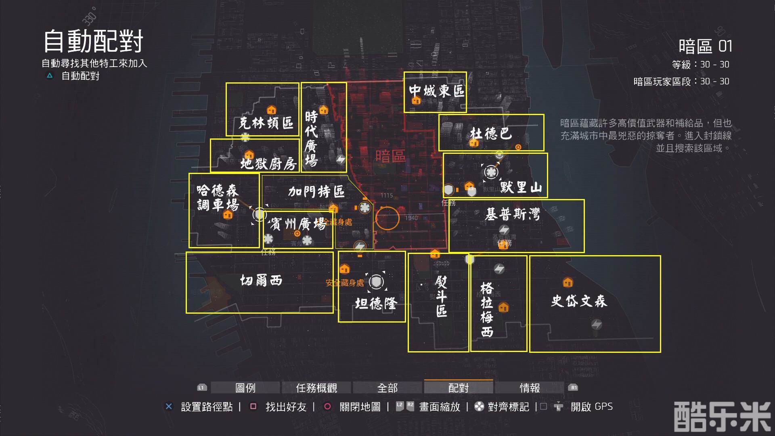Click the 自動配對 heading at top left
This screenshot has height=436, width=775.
(x=93, y=41)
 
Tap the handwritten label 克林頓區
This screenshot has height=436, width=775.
(x=266, y=123)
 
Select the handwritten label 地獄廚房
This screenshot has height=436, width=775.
(x=268, y=163)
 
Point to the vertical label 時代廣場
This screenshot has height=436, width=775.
(x=312, y=138)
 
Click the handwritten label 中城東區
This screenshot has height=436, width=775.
(x=437, y=90)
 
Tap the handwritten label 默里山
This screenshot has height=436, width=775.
(x=521, y=187)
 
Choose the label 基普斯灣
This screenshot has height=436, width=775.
(x=512, y=214)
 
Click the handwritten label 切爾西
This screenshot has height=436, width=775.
(x=261, y=280)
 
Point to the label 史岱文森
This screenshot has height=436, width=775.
(x=579, y=301)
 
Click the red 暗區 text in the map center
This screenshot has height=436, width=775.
(x=390, y=156)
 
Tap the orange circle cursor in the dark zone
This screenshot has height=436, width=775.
(x=387, y=218)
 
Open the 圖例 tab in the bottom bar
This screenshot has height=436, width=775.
(x=245, y=388)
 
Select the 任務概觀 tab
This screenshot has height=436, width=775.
(x=316, y=388)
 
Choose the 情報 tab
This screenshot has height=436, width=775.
(x=530, y=388)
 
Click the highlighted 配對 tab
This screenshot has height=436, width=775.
(x=459, y=388)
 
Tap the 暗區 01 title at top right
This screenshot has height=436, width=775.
(x=705, y=46)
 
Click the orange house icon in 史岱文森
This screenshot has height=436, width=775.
(x=568, y=282)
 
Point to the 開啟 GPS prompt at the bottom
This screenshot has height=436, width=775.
(x=591, y=407)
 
